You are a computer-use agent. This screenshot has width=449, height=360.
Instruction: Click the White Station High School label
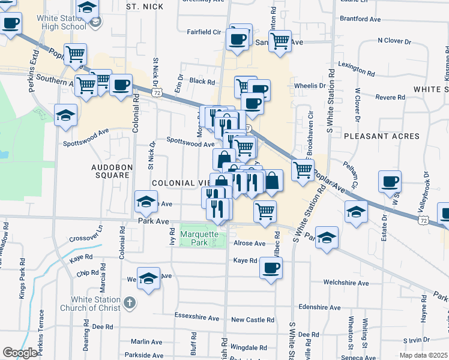[x=61, y=22]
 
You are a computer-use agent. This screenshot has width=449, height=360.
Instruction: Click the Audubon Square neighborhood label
[x=110, y=171]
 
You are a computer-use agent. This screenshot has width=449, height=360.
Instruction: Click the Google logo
[x=20, y=352]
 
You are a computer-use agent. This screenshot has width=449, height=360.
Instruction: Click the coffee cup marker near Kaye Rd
[x=271, y=267]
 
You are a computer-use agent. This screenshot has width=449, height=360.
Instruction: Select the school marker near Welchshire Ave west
[x=148, y=278]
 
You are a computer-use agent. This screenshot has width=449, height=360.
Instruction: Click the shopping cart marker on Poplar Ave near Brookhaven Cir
[x=303, y=170]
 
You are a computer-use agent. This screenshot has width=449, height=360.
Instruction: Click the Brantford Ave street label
[x=361, y=19]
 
